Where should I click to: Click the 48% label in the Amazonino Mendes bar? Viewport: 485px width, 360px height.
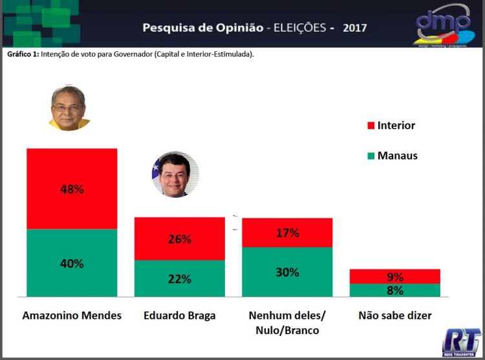tap(72, 189)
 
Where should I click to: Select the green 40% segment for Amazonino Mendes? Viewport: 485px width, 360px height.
tap(72, 263)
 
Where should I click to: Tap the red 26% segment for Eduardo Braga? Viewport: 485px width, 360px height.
tap(179, 238)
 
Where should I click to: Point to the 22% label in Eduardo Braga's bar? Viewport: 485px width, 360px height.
tap(179, 279)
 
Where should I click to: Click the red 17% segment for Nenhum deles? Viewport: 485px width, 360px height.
tap(286, 233)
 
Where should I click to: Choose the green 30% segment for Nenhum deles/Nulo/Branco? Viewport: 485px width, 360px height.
tap(286, 272)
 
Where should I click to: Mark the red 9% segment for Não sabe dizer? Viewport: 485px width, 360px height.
tap(394, 277)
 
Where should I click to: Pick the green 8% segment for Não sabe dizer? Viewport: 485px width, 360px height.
tap(394, 290)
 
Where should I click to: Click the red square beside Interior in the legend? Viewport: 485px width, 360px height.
tap(371, 125)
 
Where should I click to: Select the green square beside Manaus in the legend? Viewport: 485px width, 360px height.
tap(371, 156)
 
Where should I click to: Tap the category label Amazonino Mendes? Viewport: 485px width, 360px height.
tap(72, 316)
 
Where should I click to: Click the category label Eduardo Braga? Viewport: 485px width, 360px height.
tap(179, 316)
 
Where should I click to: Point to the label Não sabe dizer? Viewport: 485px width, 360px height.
tap(394, 316)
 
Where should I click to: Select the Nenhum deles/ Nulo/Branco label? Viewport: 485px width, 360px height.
tap(287, 323)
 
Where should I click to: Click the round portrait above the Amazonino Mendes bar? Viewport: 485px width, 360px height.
tap(69, 108)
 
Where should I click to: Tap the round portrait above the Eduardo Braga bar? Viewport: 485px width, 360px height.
tap(175, 175)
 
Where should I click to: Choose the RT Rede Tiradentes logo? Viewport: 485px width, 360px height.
tap(461, 341)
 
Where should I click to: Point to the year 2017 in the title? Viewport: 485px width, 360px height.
tap(355, 28)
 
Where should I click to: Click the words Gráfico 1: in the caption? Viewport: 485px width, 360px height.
tap(23, 54)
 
